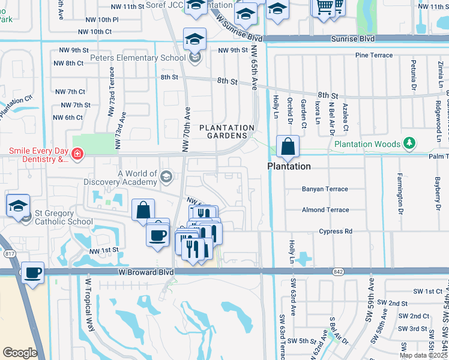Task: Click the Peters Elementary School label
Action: [x=137, y=58]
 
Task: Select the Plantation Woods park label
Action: [x=367, y=144]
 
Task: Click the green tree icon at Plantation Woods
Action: [x=409, y=143]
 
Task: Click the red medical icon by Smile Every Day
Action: [x=77, y=155]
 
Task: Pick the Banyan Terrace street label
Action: [x=325, y=189]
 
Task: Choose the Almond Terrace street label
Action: [x=325, y=210]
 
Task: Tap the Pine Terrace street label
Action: [x=374, y=55]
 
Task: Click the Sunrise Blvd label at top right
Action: [x=353, y=38]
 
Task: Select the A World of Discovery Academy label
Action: [x=138, y=178]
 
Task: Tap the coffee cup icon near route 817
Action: [x=33, y=273]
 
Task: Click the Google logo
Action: [x=20, y=353]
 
